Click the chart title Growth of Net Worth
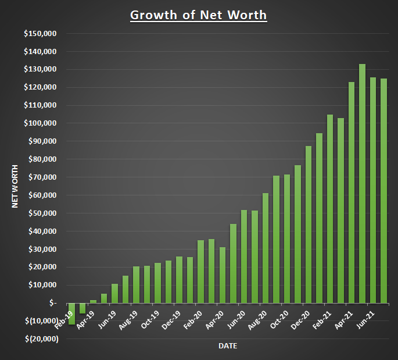coord(198,15)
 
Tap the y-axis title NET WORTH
coord(16,186)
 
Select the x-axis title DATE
coord(227,346)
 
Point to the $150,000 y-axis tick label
coord(40,34)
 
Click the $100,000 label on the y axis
coord(40,123)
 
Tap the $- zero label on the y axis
coord(53,303)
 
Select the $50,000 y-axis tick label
coord(42,213)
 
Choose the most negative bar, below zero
coord(72,313)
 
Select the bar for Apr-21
coord(352,193)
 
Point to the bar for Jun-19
coord(115,294)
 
